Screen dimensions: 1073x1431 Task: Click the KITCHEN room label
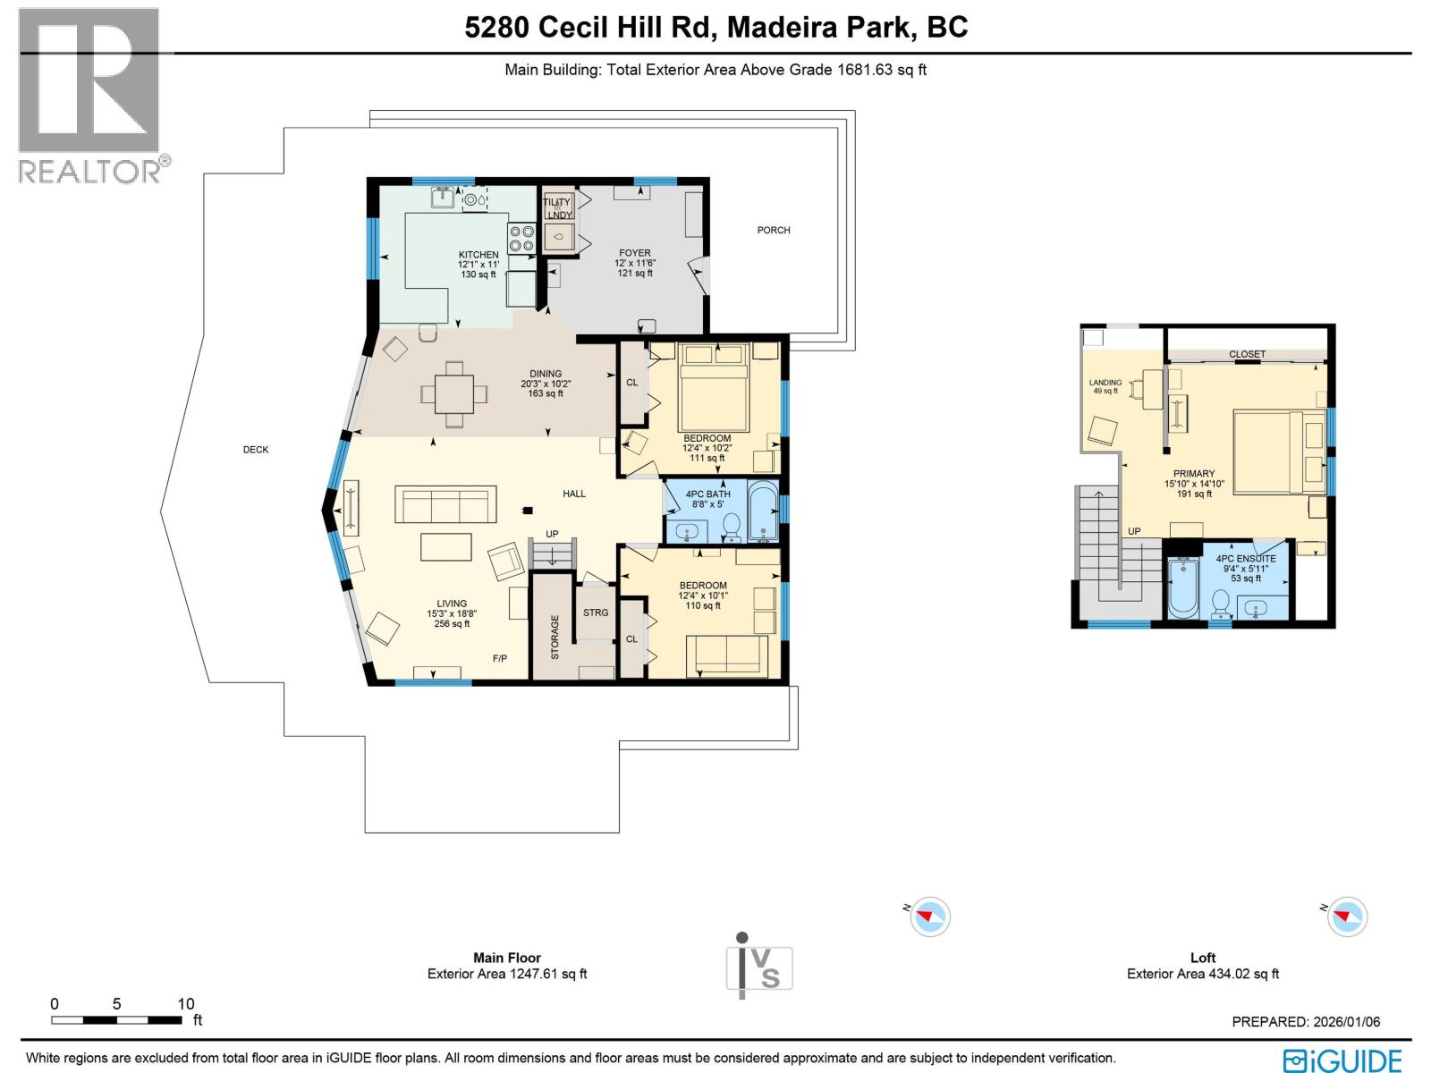[478, 255]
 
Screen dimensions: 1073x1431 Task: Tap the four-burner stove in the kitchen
[521, 238]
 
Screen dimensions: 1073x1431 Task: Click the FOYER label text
[635, 253]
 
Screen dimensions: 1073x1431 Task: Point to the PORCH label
[774, 230]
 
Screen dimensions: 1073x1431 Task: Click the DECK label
[256, 450]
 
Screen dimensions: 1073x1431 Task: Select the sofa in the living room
[445, 505]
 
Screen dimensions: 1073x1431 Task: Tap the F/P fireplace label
[500, 658]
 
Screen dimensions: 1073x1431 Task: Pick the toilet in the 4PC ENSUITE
[1220, 605]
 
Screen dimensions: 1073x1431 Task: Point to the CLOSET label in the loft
[1247, 354]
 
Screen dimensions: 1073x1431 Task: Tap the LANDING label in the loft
[1105, 383]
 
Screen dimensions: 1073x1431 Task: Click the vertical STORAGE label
[555, 637]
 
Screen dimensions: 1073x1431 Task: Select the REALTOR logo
[89, 94]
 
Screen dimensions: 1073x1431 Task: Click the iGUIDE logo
[1342, 1060]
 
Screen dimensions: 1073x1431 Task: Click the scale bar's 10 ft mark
[185, 1004]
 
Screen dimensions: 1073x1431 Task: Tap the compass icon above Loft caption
[1347, 917]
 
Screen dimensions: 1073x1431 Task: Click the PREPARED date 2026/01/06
[1306, 1021]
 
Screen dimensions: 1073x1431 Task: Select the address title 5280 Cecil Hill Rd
[590, 27]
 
